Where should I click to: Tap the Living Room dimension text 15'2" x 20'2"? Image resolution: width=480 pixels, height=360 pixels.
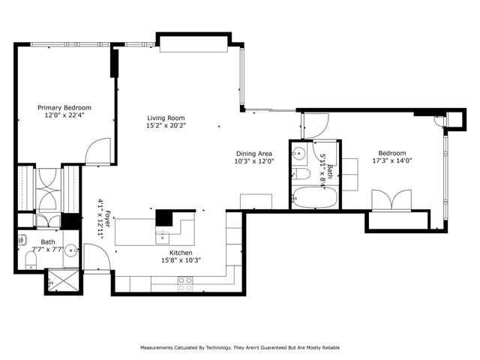point(166,126)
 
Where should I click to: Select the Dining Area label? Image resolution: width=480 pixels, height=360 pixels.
point(253,153)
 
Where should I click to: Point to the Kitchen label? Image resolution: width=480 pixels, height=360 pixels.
point(181,253)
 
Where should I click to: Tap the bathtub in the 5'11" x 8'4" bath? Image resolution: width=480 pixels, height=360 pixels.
point(307,200)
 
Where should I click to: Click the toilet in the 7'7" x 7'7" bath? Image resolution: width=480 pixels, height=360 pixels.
point(31,259)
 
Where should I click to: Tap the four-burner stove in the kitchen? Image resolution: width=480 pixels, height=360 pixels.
point(184,283)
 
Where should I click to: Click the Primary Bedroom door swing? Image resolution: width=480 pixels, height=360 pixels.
point(97,152)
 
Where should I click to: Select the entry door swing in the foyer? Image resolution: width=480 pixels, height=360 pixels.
point(97,259)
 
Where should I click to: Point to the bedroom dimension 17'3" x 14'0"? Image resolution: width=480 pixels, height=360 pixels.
point(394,160)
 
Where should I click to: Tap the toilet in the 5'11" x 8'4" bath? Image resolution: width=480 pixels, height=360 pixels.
point(302,175)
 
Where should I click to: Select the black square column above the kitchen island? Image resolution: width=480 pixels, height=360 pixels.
point(164,217)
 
